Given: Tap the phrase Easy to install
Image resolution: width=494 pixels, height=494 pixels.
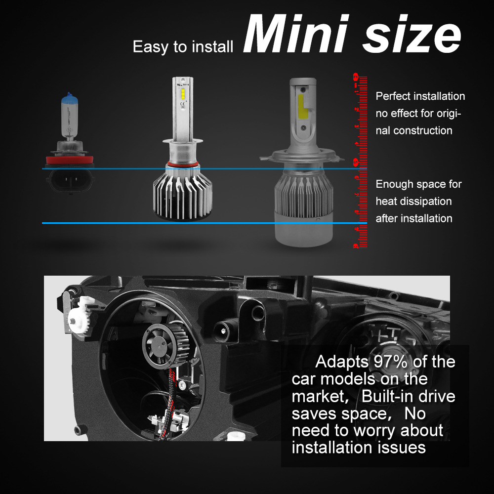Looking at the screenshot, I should pyautogui.click(x=183, y=47).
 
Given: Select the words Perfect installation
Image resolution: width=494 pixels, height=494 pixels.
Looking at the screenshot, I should pyautogui.click(x=420, y=96).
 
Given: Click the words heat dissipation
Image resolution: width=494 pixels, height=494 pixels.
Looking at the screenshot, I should pyautogui.click(x=413, y=201).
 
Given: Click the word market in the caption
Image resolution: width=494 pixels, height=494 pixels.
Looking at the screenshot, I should pyautogui.click(x=318, y=396).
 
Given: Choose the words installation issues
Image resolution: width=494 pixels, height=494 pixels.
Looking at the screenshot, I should pyautogui.click(x=359, y=448).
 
